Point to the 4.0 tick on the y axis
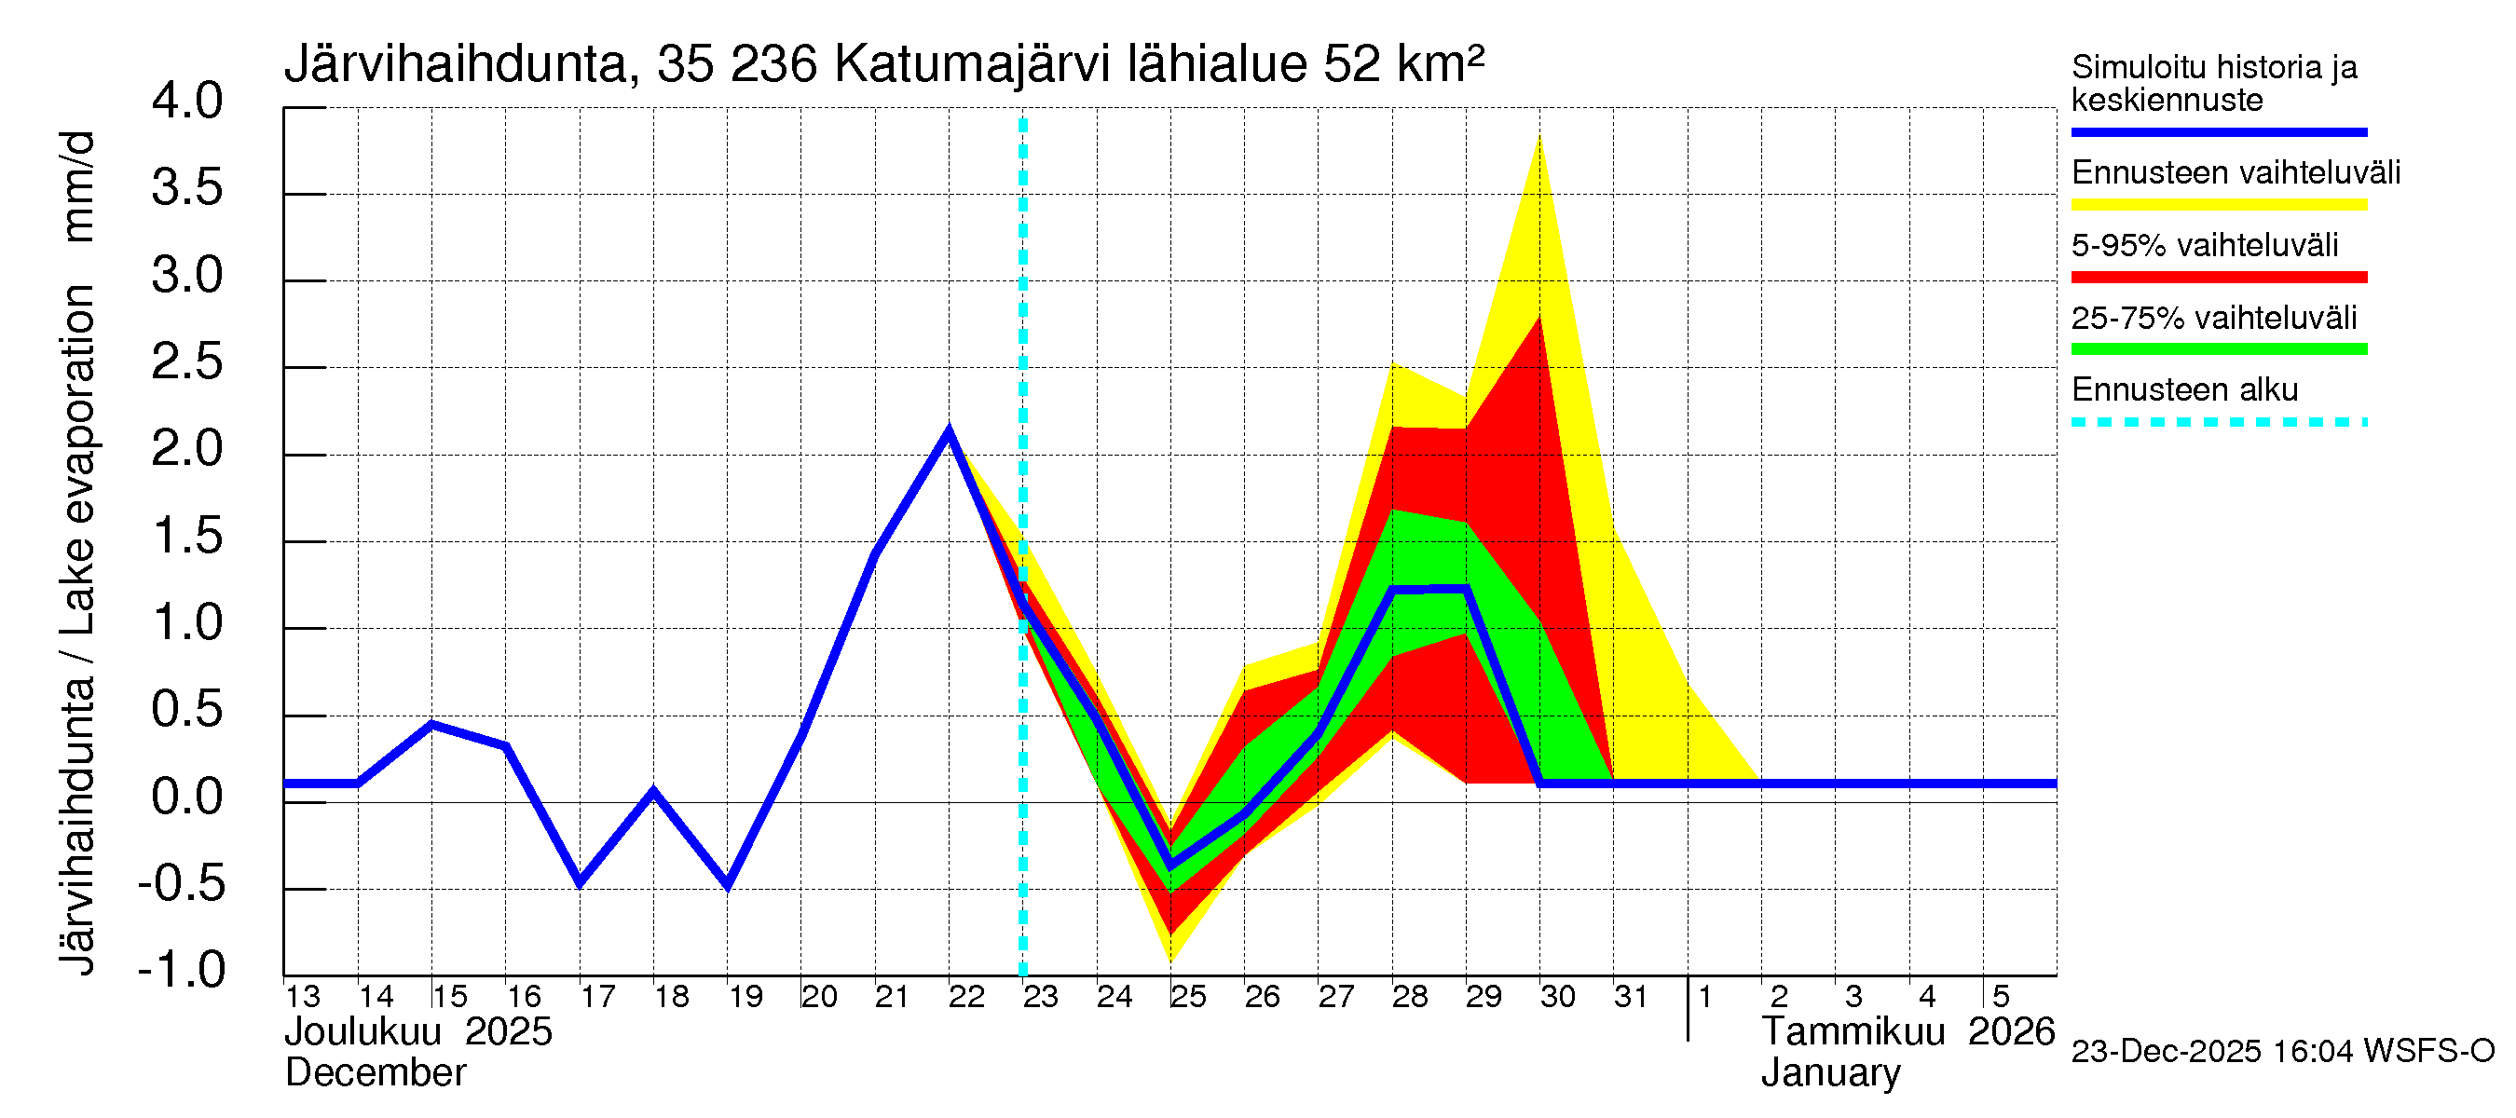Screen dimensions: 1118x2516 click(x=187, y=102)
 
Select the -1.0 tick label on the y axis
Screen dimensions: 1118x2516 click(x=183, y=970)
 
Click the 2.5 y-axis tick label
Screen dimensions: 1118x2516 click(x=187, y=362)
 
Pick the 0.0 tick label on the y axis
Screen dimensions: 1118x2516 click(x=187, y=797)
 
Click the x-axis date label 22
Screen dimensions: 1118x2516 click(x=966, y=997)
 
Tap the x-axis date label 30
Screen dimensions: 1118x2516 click(x=1557, y=997)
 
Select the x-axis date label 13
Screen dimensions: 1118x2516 click(x=302, y=997)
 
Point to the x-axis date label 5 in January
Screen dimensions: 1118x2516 click(x=2001, y=997)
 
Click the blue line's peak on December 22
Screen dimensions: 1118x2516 click(x=949, y=430)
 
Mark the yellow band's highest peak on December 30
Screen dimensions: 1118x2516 click(x=1539, y=139)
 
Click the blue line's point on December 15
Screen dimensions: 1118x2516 click(x=431, y=725)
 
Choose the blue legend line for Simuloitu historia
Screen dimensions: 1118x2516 click(x=2218, y=131)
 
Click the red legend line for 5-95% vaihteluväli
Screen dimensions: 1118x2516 click(x=2218, y=278)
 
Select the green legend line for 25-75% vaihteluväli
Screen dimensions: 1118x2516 click(x=2218, y=349)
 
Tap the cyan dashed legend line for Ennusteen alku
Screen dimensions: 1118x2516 click(x=2218, y=423)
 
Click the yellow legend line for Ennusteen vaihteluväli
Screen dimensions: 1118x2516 click(x=2218, y=205)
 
